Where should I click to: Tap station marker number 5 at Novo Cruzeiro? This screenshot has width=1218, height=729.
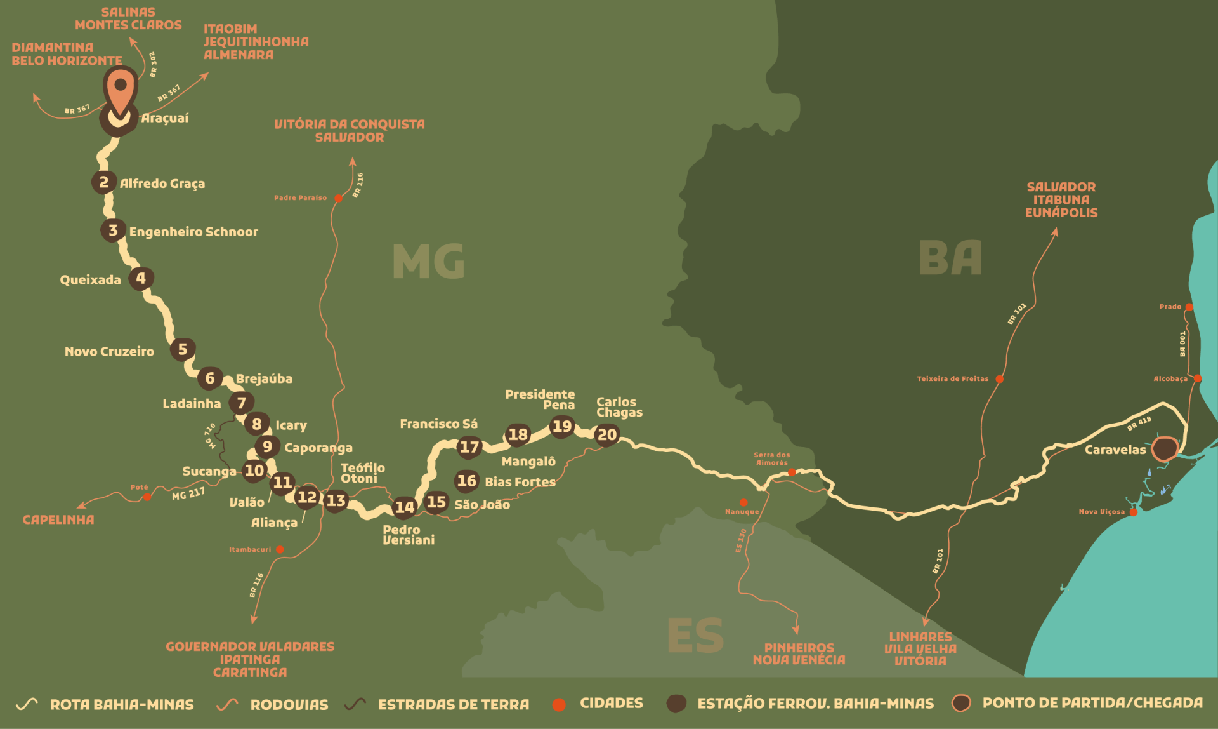[183, 349]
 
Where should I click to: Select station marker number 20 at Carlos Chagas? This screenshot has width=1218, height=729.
[607, 435]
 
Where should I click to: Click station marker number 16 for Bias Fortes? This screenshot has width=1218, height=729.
[467, 481]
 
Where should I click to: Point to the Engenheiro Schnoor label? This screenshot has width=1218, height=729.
[193, 232]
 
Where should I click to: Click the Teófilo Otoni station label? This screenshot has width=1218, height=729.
[362, 473]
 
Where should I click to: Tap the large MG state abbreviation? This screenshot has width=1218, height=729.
[429, 261]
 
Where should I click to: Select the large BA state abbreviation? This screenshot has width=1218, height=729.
[950, 258]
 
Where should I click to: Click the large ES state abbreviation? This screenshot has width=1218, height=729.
[695, 636]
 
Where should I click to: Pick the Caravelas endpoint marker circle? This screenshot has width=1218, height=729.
[1165, 449]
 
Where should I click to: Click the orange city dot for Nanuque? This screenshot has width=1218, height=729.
[743, 502]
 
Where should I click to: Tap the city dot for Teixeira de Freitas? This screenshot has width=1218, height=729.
[999, 379]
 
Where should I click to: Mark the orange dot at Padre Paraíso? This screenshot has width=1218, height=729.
[339, 198]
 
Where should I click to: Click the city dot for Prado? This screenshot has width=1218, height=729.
[1189, 307]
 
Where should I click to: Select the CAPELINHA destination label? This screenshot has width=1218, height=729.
[58, 519]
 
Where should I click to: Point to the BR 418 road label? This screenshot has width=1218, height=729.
[1139, 424]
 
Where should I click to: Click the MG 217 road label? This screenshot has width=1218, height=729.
[188, 493]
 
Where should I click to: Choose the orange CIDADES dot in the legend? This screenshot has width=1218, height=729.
[559, 704]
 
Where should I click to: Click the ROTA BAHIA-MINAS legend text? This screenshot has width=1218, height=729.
[122, 704]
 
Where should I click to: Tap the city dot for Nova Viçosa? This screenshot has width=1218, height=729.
[1134, 512]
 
